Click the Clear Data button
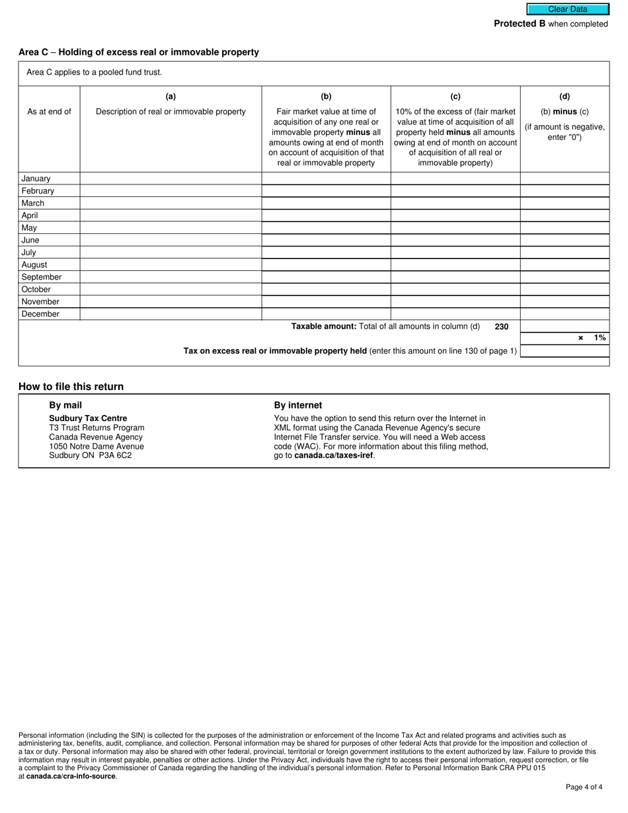click(x=567, y=9)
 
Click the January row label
click(x=36, y=178)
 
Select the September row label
click(x=41, y=278)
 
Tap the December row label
click(x=40, y=315)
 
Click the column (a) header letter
click(x=171, y=97)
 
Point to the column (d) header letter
click(x=565, y=97)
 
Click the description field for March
click(x=171, y=204)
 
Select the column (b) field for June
click(x=326, y=241)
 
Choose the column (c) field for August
click(x=455, y=265)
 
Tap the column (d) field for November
click(x=565, y=302)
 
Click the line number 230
click(x=501, y=327)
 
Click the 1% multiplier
click(x=599, y=338)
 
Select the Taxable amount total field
click(x=565, y=327)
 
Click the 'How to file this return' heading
click(x=71, y=387)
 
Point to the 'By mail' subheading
click(x=65, y=405)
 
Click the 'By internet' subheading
click(x=298, y=405)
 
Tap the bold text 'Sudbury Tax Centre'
click(x=88, y=418)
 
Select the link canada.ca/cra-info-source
click(x=71, y=777)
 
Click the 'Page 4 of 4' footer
click(x=584, y=787)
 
